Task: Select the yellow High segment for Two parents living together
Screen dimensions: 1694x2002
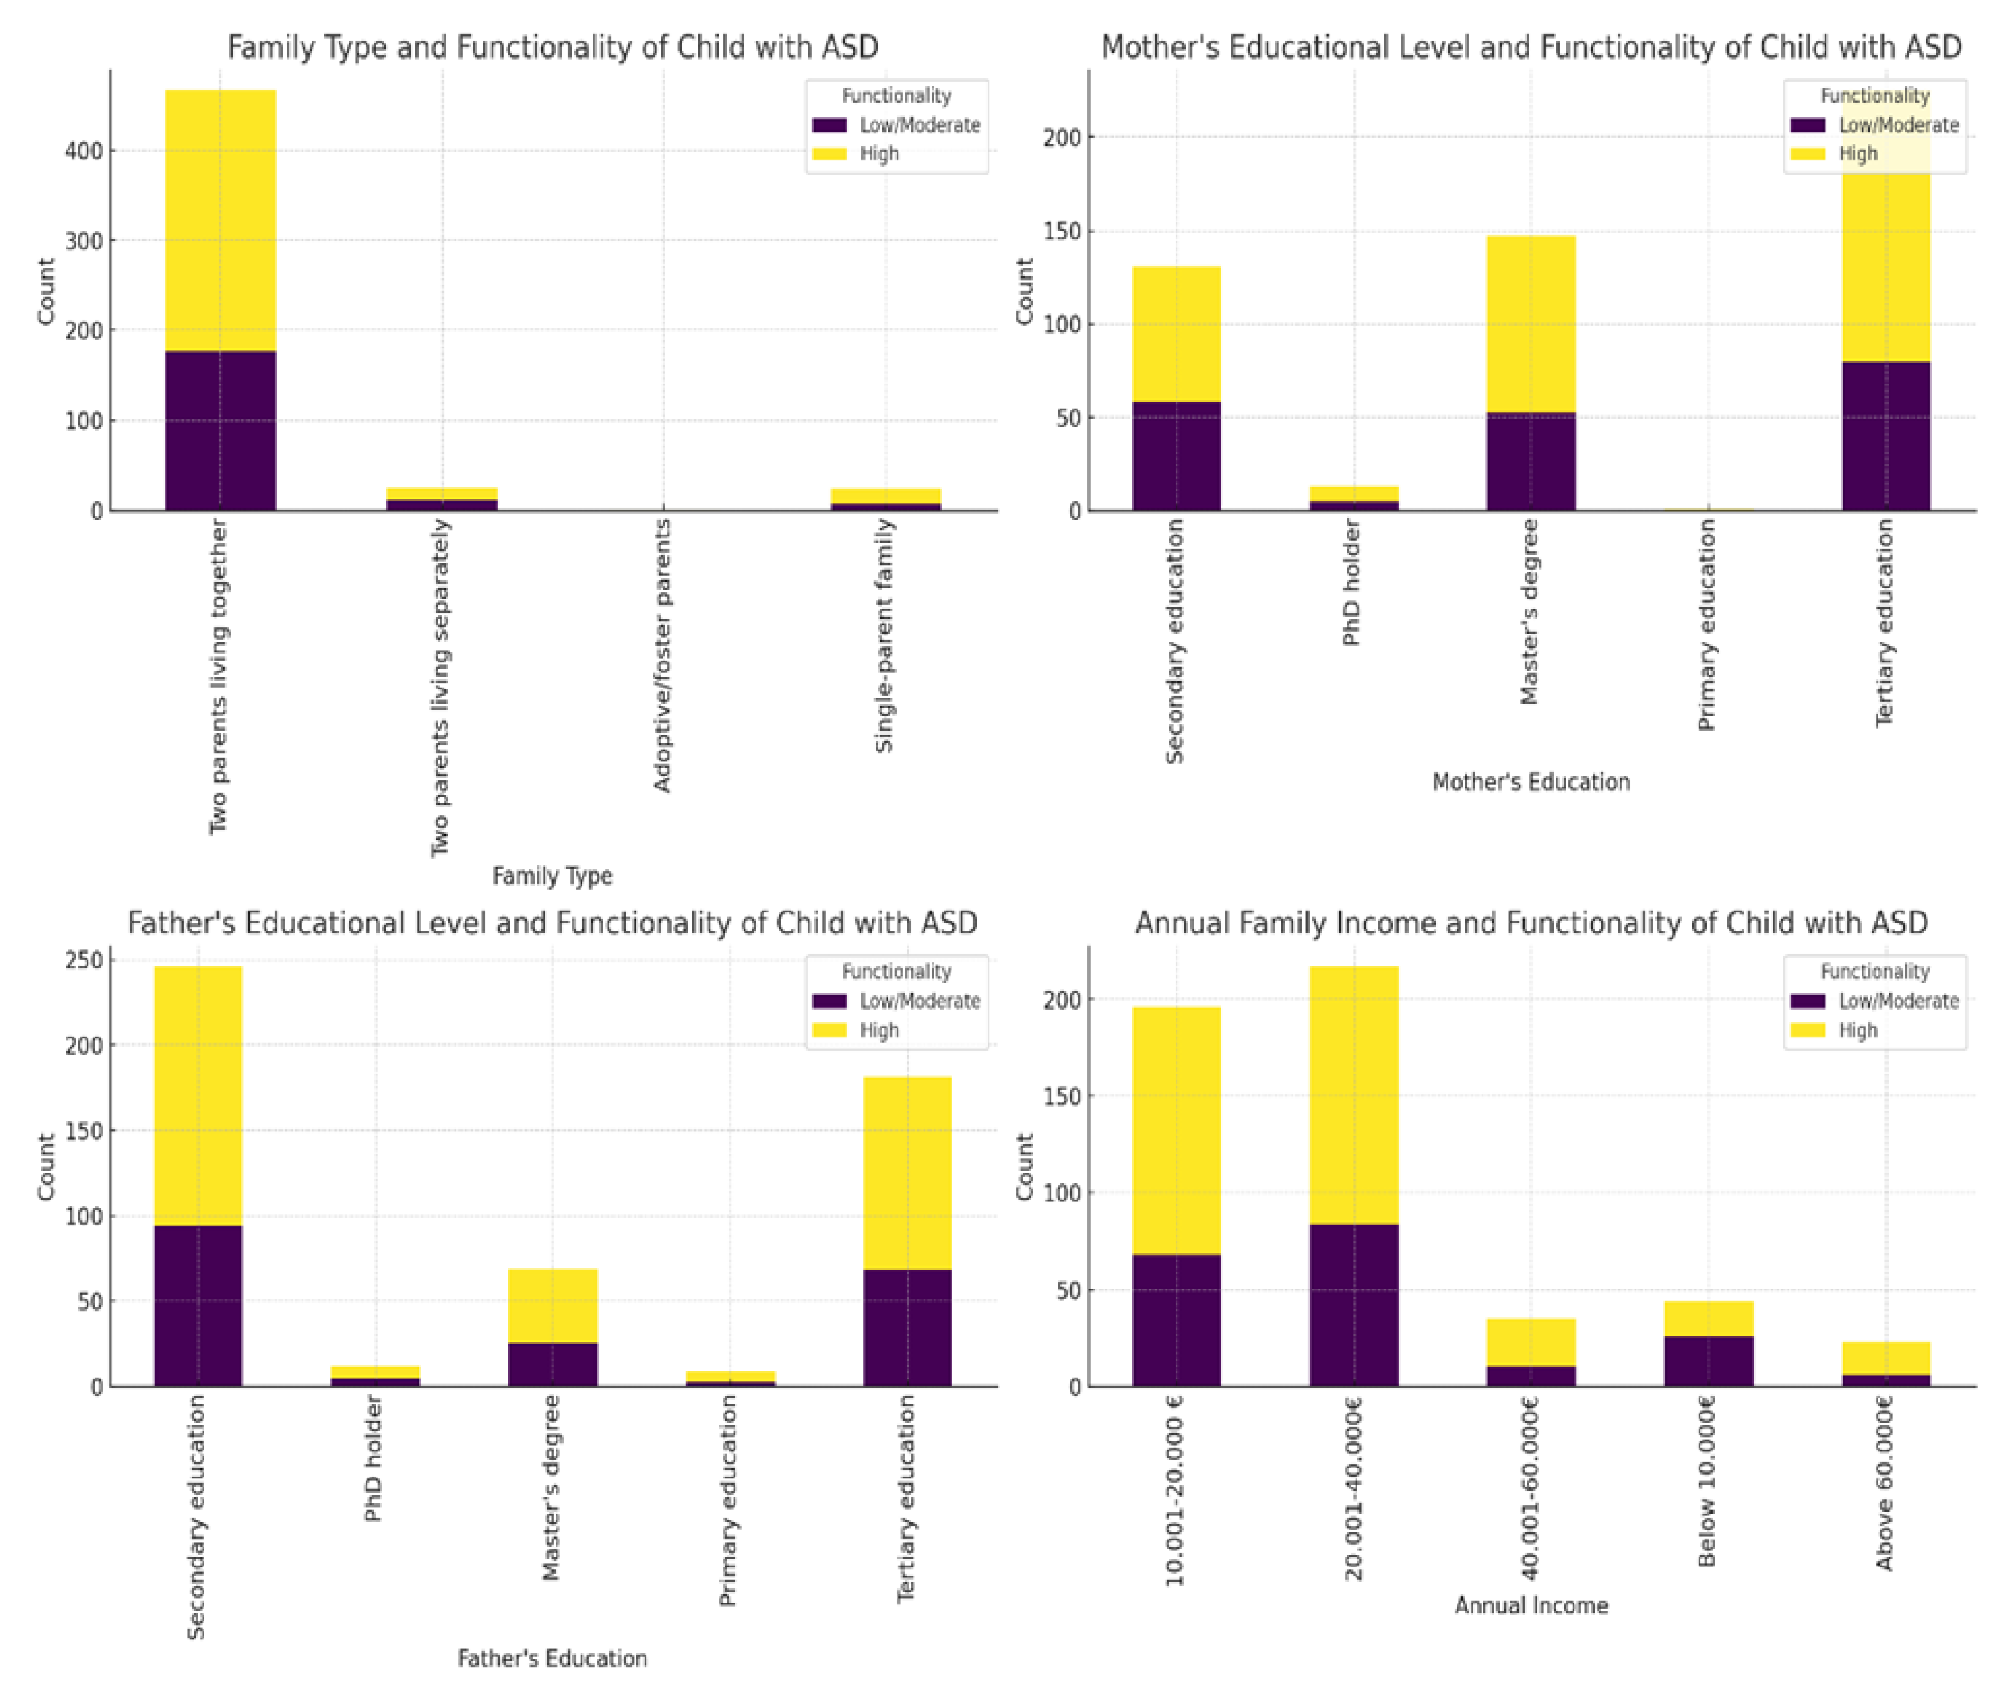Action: pos(220,220)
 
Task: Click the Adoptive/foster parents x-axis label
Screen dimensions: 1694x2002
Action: pos(662,655)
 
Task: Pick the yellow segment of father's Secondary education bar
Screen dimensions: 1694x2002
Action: pos(198,1095)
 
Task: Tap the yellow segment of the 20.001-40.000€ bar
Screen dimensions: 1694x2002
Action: pos(1354,1095)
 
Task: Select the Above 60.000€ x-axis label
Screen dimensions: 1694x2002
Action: pos(1885,1483)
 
